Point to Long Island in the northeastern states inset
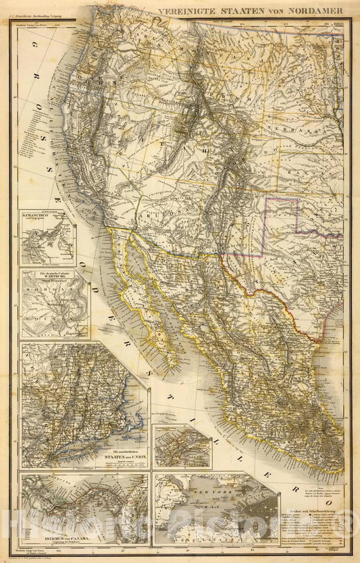point(122,422)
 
